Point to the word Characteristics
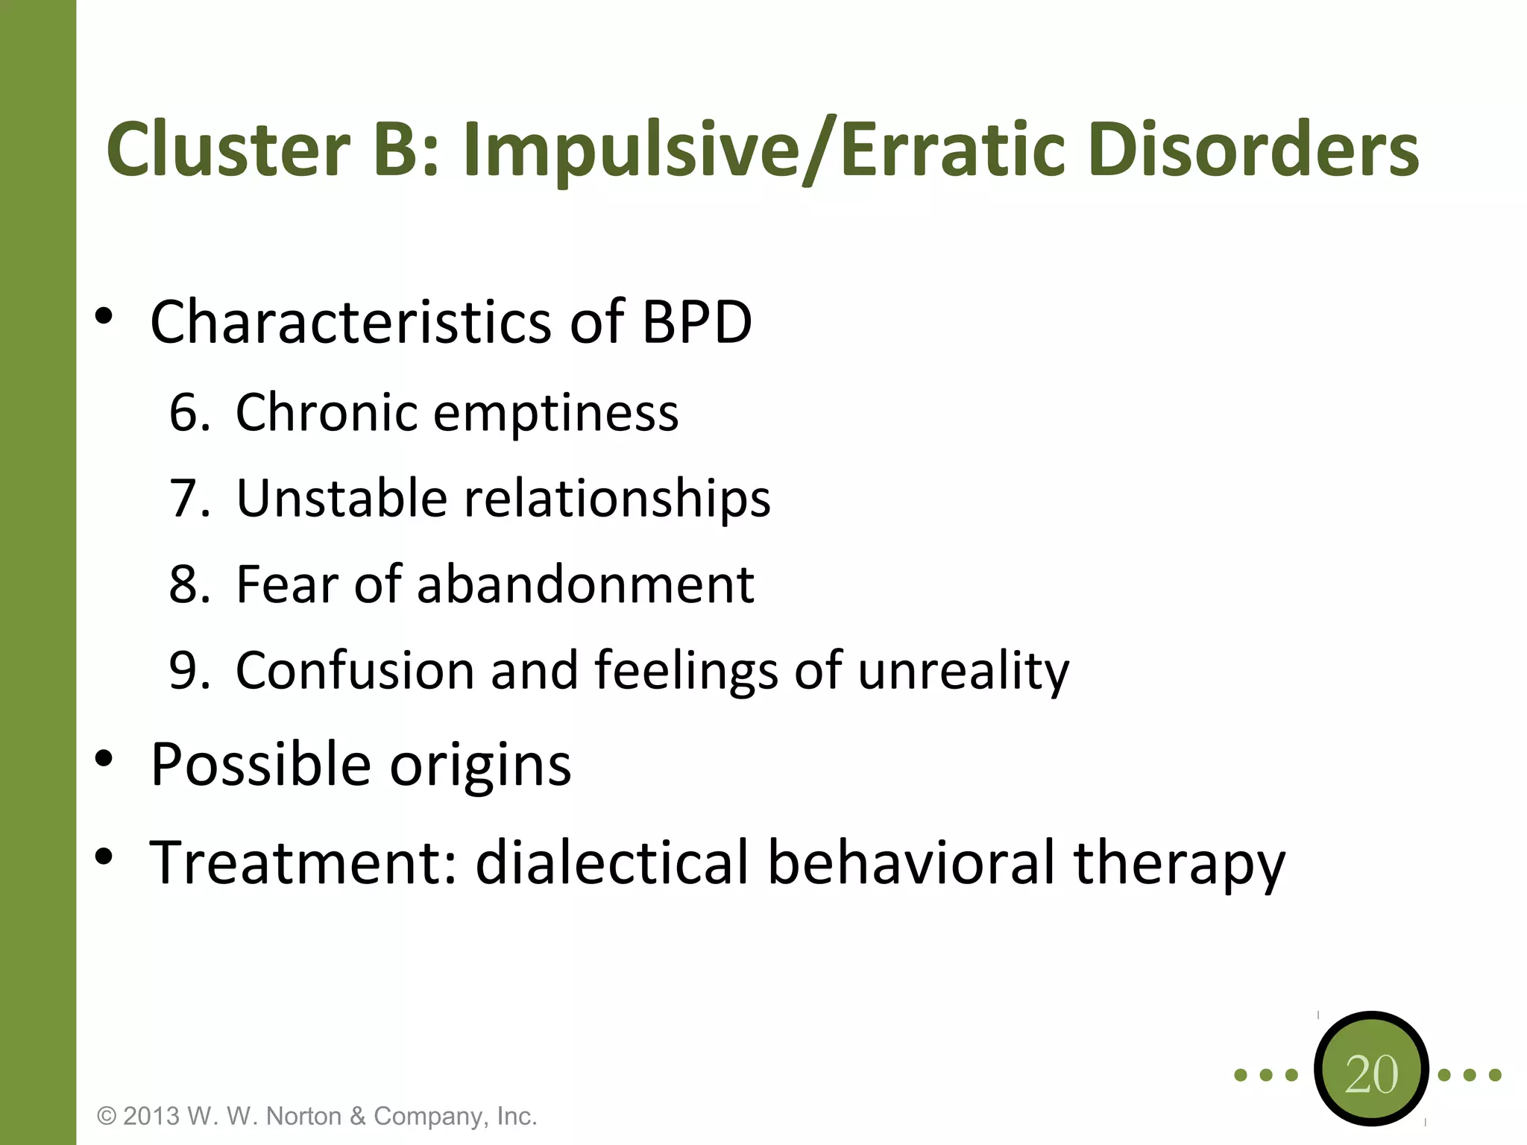(x=350, y=322)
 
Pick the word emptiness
(x=556, y=414)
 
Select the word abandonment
(x=585, y=584)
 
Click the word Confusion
(x=355, y=670)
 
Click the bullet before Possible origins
(x=104, y=760)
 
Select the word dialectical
(x=611, y=862)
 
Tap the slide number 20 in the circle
(x=1371, y=1074)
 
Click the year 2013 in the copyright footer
(x=151, y=1116)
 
